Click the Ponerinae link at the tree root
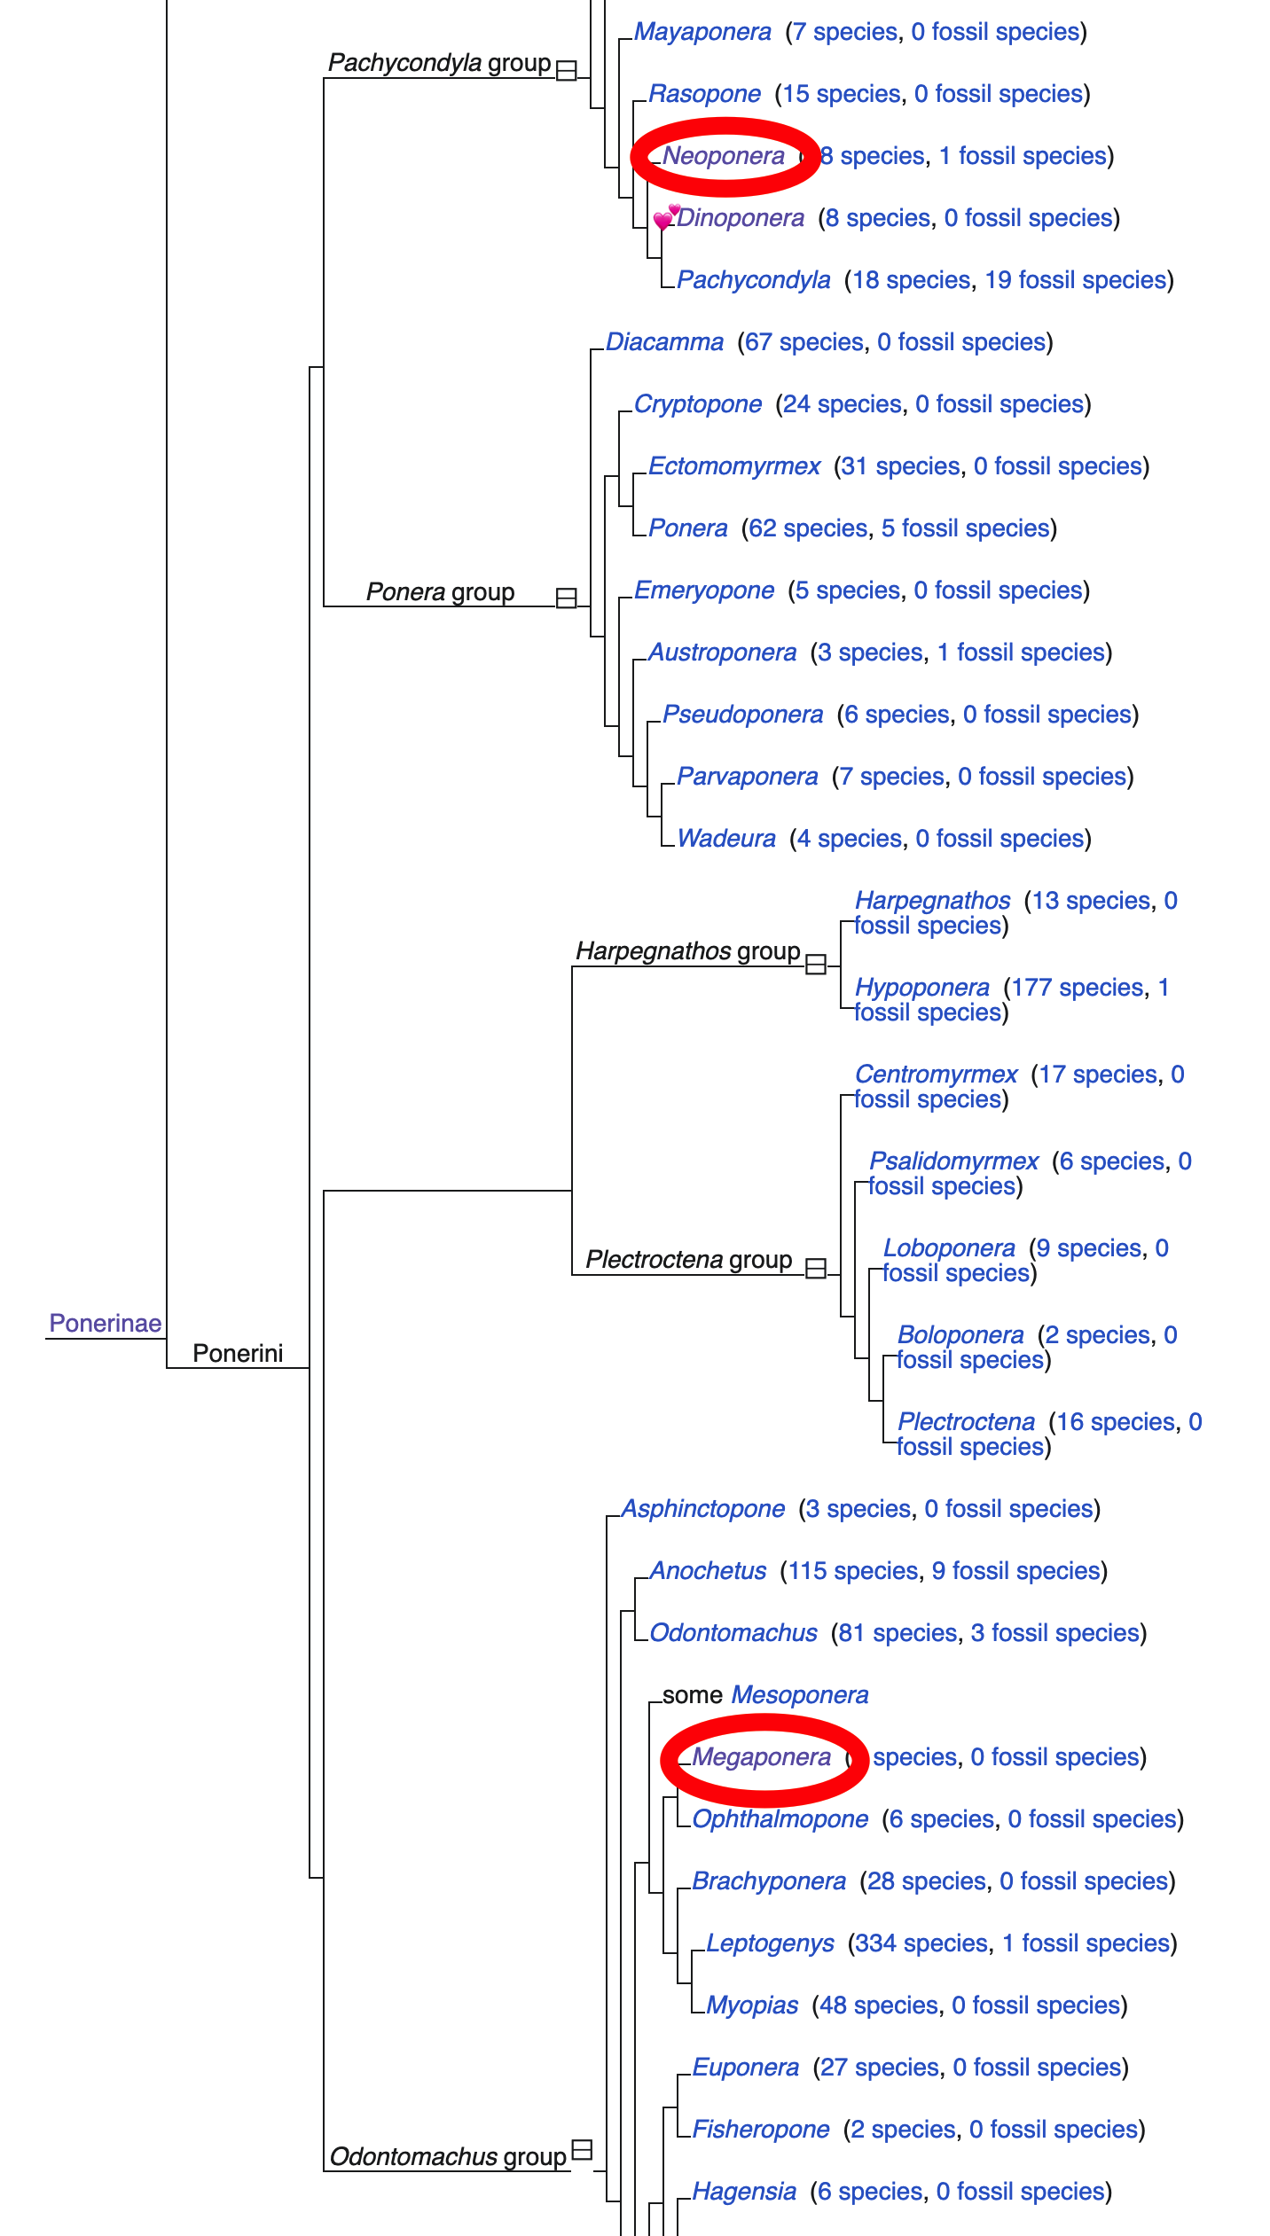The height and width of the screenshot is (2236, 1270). click(105, 1323)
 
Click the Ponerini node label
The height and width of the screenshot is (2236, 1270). click(238, 1353)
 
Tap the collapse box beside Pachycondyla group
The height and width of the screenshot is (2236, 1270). click(566, 70)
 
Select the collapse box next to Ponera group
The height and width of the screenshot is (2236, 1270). click(566, 598)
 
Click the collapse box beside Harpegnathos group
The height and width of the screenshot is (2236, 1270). click(816, 964)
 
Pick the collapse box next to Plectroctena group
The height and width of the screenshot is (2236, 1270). click(816, 1269)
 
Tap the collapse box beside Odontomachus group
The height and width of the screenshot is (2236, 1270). click(582, 2149)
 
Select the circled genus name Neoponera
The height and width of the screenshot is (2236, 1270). click(724, 156)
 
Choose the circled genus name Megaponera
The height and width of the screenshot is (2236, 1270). click(761, 1757)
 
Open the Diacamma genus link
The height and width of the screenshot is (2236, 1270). click(664, 342)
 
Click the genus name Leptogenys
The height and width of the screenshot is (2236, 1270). click(770, 1943)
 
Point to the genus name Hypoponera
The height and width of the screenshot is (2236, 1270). click(921, 988)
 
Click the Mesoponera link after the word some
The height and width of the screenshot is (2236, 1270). click(799, 1695)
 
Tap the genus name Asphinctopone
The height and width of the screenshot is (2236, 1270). click(702, 1509)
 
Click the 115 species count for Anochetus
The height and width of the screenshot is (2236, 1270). click(852, 1571)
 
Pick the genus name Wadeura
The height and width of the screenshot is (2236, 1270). click(725, 839)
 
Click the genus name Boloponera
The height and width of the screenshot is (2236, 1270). click(960, 1335)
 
